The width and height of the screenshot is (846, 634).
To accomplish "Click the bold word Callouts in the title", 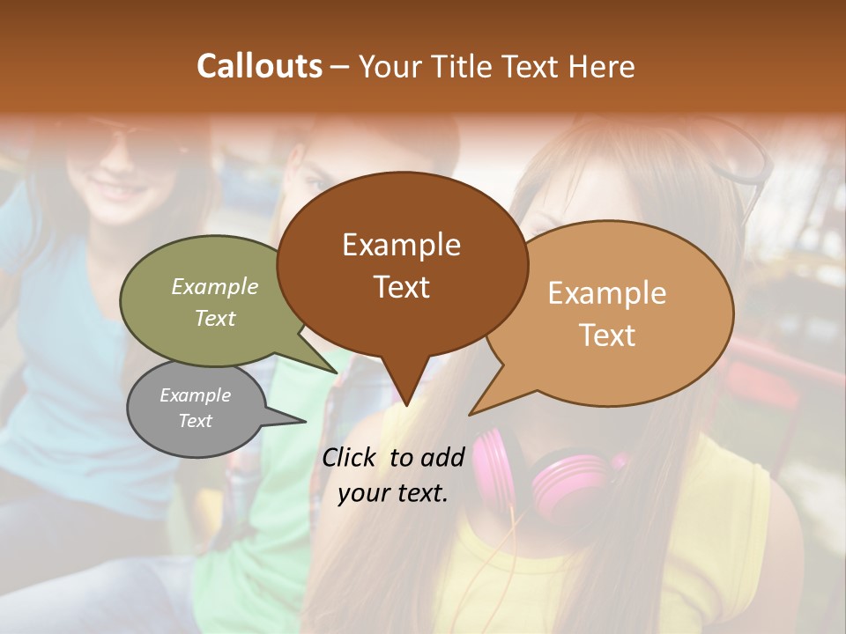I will pos(259,66).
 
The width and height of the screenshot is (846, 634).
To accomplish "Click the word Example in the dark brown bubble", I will pos(401,245).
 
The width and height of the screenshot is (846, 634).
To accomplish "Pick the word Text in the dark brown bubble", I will pos(401,286).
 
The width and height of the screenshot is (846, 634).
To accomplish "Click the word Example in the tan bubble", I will pos(607,293).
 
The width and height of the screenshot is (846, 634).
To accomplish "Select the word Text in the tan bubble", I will pos(607,335).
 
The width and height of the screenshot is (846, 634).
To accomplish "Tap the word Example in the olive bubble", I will pos(214,286).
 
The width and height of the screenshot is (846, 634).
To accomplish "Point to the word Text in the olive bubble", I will pos(214,318).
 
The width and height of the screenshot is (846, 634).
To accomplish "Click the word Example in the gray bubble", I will pos(195,395).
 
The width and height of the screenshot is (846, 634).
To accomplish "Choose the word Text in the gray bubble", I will pos(195,421).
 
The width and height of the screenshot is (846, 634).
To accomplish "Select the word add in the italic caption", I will pos(441,457).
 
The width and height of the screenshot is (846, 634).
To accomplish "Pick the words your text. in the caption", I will pos(392,493).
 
